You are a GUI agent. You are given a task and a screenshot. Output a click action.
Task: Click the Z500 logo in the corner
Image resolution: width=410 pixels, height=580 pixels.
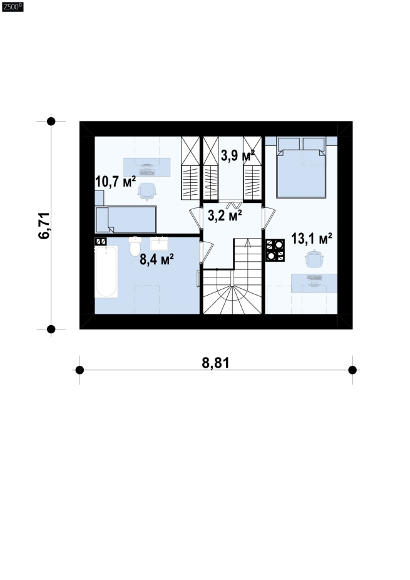(13, 7)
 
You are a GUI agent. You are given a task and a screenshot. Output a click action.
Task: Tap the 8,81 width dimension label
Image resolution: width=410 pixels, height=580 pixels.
(215, 363)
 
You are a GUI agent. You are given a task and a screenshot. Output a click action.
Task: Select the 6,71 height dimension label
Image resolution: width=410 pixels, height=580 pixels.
(44, 225)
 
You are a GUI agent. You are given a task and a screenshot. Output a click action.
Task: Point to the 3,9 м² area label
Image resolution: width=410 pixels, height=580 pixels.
(238, 156)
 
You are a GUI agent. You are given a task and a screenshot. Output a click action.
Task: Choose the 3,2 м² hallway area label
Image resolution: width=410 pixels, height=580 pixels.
(225, 215)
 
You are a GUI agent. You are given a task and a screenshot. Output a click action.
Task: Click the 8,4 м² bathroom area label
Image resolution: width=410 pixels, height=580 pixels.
(156, 259)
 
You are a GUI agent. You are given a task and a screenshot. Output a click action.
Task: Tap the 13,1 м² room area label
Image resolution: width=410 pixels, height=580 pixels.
(311, 239)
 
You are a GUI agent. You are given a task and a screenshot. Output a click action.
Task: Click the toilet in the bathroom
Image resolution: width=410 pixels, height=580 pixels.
(135, 246)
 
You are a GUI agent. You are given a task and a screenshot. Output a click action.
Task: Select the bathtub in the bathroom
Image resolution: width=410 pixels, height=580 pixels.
(106, 271)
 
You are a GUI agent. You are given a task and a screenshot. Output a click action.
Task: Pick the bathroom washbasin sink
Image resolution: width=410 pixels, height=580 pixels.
(160, 244)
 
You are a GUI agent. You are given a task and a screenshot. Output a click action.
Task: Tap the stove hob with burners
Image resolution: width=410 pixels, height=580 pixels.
(275, 251)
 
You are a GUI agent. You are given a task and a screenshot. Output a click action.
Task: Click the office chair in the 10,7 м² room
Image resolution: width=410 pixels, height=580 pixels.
(146, 191)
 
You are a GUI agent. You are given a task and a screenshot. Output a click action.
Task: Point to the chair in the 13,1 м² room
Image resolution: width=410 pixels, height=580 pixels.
(315, 259)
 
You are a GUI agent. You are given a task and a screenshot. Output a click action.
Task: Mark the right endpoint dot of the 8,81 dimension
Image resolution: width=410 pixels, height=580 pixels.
(352, 370)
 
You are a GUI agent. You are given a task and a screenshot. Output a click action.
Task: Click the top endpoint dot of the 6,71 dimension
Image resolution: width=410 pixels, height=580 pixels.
(51, 122)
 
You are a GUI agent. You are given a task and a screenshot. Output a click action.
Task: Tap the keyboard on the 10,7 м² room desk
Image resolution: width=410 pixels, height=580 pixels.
(146, 172)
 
